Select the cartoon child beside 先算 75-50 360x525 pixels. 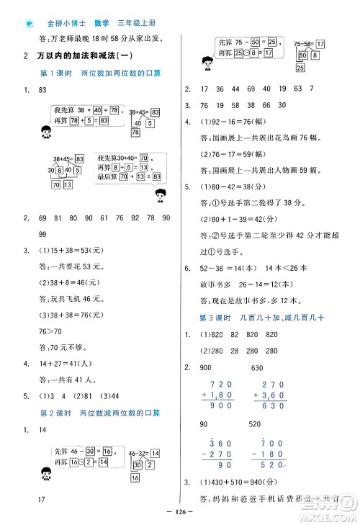(208, 63)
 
